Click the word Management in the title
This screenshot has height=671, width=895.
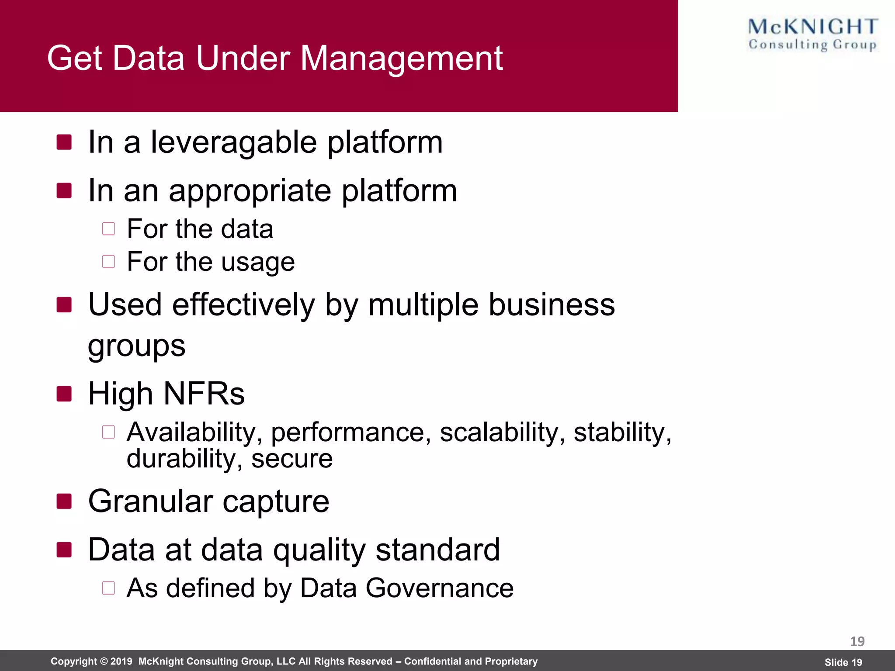tap(401, 58)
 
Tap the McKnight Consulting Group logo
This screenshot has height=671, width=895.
tap(812, 35)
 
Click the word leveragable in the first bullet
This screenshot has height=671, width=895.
tap(233, 142)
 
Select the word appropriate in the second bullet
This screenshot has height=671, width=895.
tap(250, 191)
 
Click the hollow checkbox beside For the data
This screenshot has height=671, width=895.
tap(108, 229)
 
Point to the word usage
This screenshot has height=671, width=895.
tap(258, 262)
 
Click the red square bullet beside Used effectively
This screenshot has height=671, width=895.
tap(64, 305)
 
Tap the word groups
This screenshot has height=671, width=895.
tap(136, 346)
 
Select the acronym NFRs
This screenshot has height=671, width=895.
tap(204, 394)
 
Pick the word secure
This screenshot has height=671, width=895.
tap(291, 459)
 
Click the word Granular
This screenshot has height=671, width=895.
tap(150, 502)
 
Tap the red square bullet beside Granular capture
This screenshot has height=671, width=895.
tap(64, 502)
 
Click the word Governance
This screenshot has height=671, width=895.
tap(439, 588)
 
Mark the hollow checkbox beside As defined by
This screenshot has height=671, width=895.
tap(108, 588)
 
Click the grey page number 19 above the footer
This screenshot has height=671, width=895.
tap(857, 641)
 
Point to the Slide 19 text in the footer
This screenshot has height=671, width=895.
tap(843, 662)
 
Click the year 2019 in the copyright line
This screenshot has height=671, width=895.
tap(121, 661)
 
